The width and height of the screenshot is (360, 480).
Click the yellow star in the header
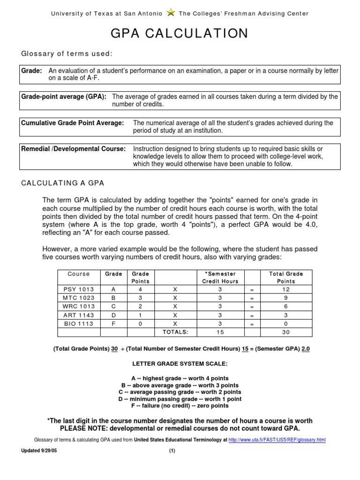click(171, 13)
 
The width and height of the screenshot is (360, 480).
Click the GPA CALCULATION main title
click(180, 34)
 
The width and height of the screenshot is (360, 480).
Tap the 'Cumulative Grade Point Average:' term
click(73, 123)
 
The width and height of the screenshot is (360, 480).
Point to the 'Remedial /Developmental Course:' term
click(74, 149)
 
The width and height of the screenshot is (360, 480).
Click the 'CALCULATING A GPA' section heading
click(63, 182)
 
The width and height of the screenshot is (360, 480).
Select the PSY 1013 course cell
click(78, 290)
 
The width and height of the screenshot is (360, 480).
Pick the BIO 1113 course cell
click(78, 323)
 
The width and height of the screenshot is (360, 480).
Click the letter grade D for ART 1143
click(113, 315)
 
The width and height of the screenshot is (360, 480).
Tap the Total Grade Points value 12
click(286, 290)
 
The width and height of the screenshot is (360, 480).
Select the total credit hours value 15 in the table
click(220, 332)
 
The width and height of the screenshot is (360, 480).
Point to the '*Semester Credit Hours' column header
click(220, 277)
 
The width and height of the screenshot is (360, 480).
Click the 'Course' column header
click(78, 274)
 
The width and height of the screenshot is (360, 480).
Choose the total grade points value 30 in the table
click(286, 332)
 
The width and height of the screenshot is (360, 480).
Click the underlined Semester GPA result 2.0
click(306, 349)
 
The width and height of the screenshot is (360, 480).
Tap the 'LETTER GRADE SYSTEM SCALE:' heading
click(180, 364)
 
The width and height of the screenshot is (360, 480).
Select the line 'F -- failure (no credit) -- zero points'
click(180, 406)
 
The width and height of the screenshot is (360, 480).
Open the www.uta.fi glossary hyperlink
click(277, 440)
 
